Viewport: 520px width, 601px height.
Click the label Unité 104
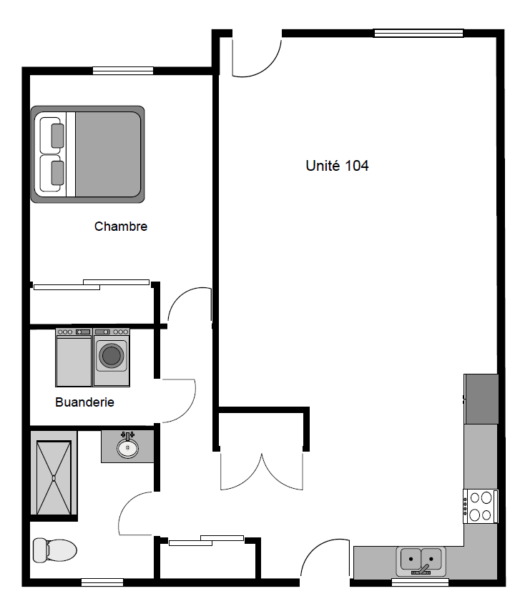coord(337,166)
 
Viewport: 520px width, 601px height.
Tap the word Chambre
coord(121,227)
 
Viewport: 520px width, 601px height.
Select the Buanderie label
coord(84,402)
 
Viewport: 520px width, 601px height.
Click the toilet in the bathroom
coord(54,550)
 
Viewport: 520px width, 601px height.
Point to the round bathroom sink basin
coord(127,448)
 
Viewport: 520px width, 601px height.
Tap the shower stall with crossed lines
coord(54,477)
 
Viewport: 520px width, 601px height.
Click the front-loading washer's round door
coord(111,356)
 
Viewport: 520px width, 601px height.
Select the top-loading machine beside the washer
coord(74,357)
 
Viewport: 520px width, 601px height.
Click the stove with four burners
coord(480,505)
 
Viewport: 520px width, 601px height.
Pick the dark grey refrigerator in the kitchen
coord(481,399)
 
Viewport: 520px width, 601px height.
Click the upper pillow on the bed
coord(57,135)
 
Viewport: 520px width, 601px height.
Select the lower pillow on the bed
coord(57,172)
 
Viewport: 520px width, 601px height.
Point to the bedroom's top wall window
coord(122,70)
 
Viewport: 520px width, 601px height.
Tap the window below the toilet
coord(102,582)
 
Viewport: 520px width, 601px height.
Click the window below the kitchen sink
coord(420,582)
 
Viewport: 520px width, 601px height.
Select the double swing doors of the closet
coord(263,472)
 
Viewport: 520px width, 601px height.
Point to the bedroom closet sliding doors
coord(92,284)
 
